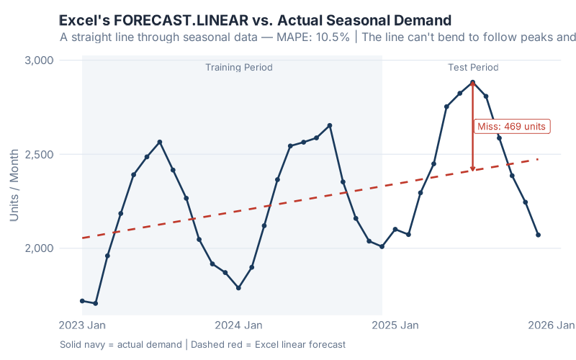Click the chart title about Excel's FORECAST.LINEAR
255,20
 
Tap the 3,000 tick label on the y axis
39,60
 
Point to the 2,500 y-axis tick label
39,154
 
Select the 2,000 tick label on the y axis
39,248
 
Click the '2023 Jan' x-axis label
83,325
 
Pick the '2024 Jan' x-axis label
238,325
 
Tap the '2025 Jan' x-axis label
395,325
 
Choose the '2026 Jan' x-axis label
551,325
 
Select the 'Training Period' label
239,68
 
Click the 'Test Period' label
473,68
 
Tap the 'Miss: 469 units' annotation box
512,126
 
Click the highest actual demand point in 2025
472,82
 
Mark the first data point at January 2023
82,301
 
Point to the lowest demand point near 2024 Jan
238,288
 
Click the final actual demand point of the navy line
538,235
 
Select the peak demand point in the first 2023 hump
160,142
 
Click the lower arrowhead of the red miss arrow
472,169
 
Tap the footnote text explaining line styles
203,345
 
